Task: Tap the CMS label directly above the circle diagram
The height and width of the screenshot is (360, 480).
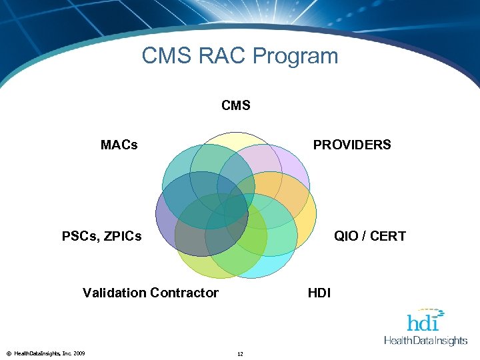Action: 236,105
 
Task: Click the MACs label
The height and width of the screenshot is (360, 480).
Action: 119,145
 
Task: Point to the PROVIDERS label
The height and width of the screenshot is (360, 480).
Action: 352,145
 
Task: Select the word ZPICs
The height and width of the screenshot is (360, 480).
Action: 121,236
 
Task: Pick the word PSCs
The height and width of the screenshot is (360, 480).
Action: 79,236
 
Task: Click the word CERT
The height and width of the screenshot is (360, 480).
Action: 387,236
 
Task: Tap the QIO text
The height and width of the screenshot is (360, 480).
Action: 347,236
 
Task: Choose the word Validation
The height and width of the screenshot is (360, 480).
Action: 114,293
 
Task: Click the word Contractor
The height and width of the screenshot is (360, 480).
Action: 185,293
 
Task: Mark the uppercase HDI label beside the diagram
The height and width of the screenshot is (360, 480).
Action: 319,293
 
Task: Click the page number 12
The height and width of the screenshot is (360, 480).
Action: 240,353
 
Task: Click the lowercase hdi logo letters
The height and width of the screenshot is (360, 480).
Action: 423,323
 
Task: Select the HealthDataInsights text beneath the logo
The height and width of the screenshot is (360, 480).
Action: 426,341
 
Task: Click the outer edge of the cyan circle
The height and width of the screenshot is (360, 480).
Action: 253,276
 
